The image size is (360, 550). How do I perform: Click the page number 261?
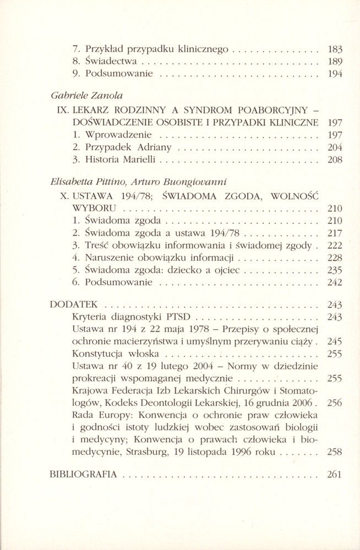[334, 475]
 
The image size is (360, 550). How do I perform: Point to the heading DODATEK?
[73, 304]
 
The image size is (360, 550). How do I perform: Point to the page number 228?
[334, 257]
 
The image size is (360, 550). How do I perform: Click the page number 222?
[334, 245]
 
